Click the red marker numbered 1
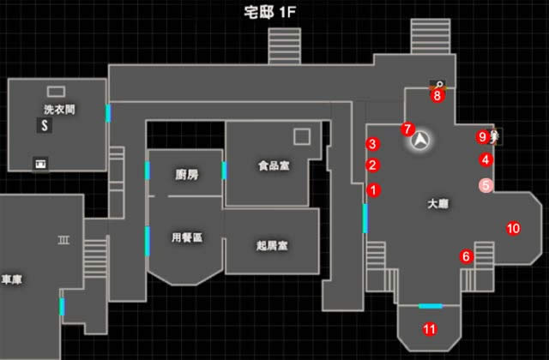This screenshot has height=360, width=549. (x=373, y=189)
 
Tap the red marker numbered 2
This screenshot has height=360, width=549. (x=373, y=165)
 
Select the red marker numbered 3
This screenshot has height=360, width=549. (x=372, y=143)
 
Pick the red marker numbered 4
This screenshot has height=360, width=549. (x=486, y=159)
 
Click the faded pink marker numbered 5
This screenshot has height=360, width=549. (x=486, y=183)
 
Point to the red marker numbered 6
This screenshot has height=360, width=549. (x=467, y=256)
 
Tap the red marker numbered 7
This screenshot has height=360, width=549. (x=407, y=129)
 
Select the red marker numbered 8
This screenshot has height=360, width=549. (x=437, y=95)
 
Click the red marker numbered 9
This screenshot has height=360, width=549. (x=483, y=135)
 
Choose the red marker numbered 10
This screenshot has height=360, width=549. (x=513, y=228)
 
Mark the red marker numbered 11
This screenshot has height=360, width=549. (x=430, y=328)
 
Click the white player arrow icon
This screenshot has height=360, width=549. (x=421, y=140)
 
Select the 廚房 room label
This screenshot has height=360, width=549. (x=186, y=175)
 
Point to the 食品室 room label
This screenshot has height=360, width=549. (x=273, y=165)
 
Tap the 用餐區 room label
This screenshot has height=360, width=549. (x=186, y=237)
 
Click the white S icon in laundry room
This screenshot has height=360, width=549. (x=42, y=126)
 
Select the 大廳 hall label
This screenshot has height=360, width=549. (x=438, y=204)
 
